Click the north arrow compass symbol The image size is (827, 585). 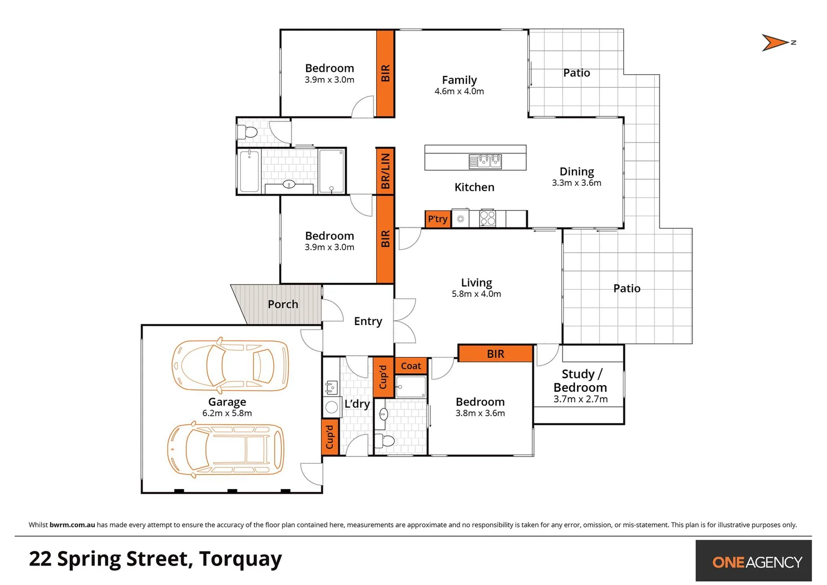click(x=776, y=43)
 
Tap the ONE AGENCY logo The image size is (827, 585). click(x=757, y=562)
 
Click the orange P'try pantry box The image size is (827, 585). click(x=437, y=219)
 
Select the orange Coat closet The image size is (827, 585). click(x=411, y=366)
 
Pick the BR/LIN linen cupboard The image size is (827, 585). click(x=385, y=171)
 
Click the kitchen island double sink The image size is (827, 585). click(x=486, y=161)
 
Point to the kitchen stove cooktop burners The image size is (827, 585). click(x=487, y=218)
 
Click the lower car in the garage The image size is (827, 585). click(x=225, y=450)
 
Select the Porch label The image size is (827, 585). click(x=283, y=304)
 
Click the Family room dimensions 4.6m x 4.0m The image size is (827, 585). click(x=459, y=92)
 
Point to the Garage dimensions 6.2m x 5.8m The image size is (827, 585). click(x=227, y=413)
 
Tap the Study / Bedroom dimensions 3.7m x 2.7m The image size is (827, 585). click(x=580, y=399)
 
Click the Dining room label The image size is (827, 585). click(x=577, y=172)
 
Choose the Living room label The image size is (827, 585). click(x=476, y=283)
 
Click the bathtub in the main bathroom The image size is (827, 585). click(x=249, y=172)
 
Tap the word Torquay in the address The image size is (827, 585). click(x=240, y=559)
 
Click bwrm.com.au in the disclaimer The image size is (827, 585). click(x=72, y=525)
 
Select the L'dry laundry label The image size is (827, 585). click(x=357, y=404)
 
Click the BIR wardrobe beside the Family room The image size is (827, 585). click(x=385, y=73)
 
